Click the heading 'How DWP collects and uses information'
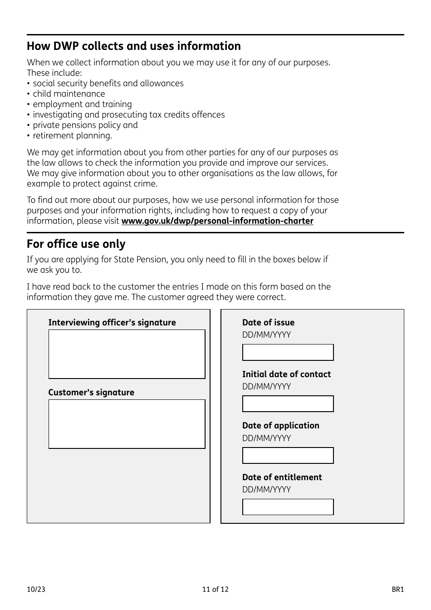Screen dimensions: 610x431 (x=134, y=46)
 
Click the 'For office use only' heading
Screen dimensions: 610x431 (x=76, y=244)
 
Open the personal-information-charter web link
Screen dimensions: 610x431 (x=217, y=221)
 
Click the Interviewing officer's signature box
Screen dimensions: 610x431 (x=127, y=354)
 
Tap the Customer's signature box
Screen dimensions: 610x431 (x=127, y=424)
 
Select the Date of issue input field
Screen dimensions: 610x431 (x=288, y=352)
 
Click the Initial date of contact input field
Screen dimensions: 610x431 (x=288, y=404)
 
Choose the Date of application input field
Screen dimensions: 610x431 (x=288, y=456)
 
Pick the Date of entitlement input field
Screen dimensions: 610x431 (x=288, y=507)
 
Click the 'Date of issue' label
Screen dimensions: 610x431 (x=268, y=323)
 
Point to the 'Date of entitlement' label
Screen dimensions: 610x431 (x=282, y=477)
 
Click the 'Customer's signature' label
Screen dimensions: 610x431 (x=91, y=393)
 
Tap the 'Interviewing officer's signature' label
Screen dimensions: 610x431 (x=112, y=323)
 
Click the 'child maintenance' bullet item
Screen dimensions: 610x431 (x=69, y=94)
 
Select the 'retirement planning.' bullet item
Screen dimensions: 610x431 (x=72, y=136)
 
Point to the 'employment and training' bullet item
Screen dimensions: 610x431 (x=82, y=104)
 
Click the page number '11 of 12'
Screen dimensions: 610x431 (x=215, y=590)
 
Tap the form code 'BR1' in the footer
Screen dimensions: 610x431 (x=397, y=590)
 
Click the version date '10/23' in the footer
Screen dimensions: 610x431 (x=36, y=590)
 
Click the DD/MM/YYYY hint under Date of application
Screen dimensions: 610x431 (x=266, y=438)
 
